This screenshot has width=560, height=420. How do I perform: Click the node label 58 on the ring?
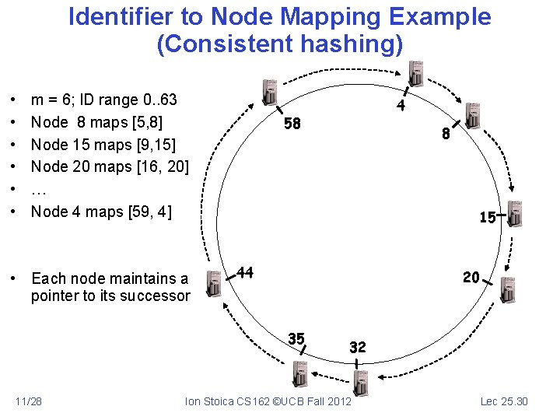(x=292, y=124)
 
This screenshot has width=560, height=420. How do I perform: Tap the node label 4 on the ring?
(x=400, y=106)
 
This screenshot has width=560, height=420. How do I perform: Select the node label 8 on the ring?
(x=446, y=134)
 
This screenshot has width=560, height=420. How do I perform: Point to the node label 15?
(x=488, y=218)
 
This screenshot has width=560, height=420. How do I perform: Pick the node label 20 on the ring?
(x=471, y=276)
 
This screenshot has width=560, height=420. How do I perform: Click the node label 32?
(x=358, y=347)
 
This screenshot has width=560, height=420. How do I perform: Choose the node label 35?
(x=296, y=338)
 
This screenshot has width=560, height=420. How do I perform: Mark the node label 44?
(x=245, y=272)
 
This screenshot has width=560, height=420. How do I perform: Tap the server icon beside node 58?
(x=270, y=92)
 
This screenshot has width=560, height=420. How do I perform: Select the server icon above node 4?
(x=416, y=73)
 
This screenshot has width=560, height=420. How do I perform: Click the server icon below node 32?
(x=359, y=382)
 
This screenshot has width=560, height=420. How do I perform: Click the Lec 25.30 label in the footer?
(x=504, y=401)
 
